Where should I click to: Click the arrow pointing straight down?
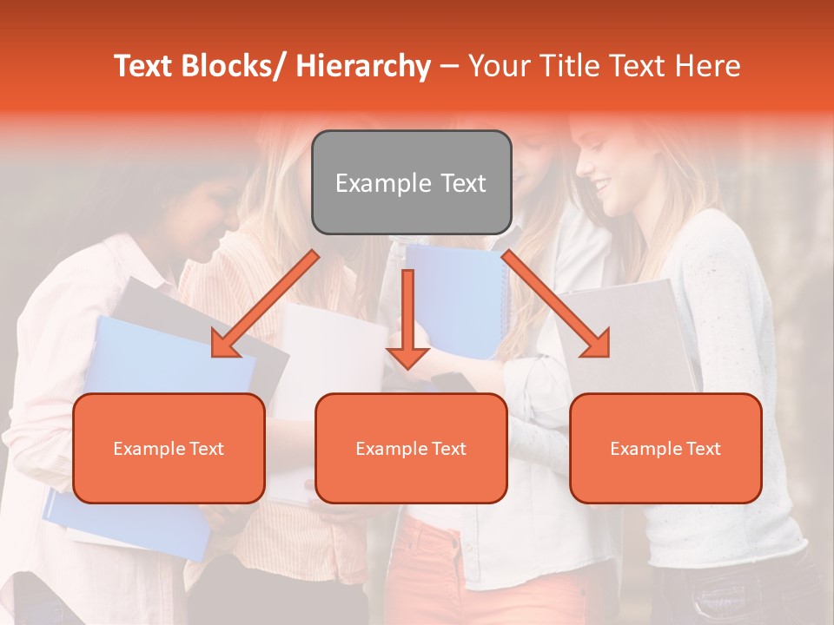pyautogui.click(x=407, y=321)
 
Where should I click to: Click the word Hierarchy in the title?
pyautogui.click(x=363, y=66)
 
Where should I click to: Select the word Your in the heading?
pyautogui.click(x=499, y=66)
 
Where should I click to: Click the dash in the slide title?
pyautogui.click(x=449, y=67)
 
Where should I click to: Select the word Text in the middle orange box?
pyautogui.click(x=447, y=449)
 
